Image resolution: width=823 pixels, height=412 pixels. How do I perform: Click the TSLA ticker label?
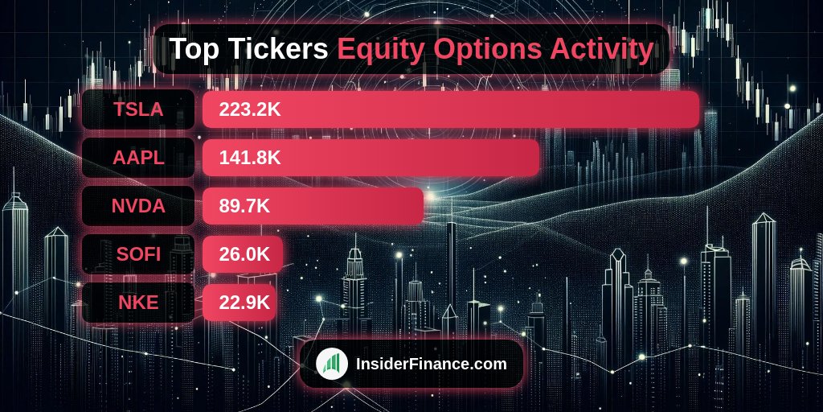coord(138,109)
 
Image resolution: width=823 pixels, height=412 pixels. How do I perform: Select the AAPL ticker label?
coord(138,158)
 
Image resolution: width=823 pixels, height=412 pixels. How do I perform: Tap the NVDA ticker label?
coord(138,206)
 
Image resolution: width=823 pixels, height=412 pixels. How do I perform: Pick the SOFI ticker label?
coord(138,254)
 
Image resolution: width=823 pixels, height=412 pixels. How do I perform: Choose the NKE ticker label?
coord(138,303)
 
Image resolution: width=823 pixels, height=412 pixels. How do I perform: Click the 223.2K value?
coord(250,109)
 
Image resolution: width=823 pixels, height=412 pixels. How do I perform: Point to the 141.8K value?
coord(250,158)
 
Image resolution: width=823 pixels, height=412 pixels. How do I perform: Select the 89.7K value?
coord(244,206)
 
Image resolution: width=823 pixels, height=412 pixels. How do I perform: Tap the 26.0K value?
coord(244,254)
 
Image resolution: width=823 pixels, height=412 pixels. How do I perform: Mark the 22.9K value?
coord(244,303)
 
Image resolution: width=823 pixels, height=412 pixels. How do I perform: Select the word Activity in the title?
coord(601,49)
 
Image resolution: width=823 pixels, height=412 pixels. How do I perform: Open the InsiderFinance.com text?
coord(431,364)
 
